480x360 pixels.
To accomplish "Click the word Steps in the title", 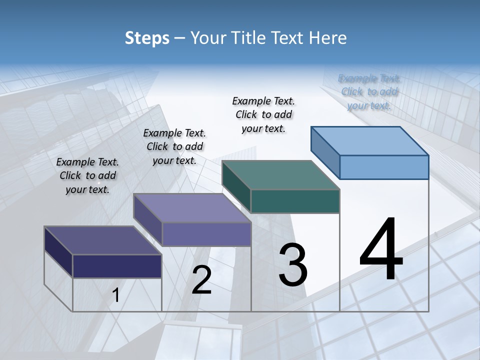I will click(147, 38).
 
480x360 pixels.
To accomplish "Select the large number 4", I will click(381, 249).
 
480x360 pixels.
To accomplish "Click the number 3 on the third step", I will click(293, 265).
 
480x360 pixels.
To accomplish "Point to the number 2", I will click(201, 280).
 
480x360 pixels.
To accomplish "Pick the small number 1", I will click(116, 295).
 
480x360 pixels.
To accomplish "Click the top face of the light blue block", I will click(370, 140).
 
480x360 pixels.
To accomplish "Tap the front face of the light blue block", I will click(384, 167).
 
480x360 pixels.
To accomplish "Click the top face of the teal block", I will click(280, 175).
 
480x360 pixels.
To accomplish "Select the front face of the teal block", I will click(295, 201).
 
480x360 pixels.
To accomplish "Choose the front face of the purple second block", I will click(206, 234).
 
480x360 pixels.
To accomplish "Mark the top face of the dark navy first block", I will click(102, 240).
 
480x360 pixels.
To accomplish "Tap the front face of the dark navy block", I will click(117, 266).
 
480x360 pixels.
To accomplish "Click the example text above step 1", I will click(87, 175).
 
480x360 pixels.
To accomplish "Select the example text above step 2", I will click(174, 146).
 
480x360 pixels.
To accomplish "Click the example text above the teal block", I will click(263, 114).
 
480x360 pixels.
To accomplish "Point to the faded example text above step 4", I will click(369, 91).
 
